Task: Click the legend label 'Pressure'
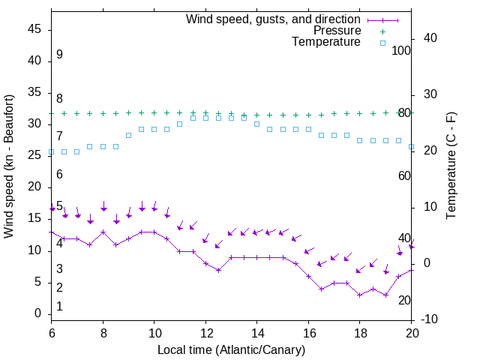(x=337, y=31)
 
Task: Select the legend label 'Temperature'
(x=326, y=42)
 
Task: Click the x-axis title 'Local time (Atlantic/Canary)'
(x=232, y=349)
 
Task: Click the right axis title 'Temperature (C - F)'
(x=451, y=166)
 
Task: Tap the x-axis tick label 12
(x=205, y=333)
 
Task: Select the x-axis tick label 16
(x=308, y=333)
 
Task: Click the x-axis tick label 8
(x=103, y=333)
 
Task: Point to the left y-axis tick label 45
(x=34, y=29)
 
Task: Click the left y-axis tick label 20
(x=34, y=187)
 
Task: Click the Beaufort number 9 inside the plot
(x=59, y=55)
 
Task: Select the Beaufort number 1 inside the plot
(x=59, y=307)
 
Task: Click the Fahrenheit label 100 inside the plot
(x=401, y=50)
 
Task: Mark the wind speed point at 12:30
(x=218, y=270)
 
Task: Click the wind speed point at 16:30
(x=321, y=289)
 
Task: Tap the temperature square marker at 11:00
(x=180, y=124)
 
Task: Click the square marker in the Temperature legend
(x=382, y=43)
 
